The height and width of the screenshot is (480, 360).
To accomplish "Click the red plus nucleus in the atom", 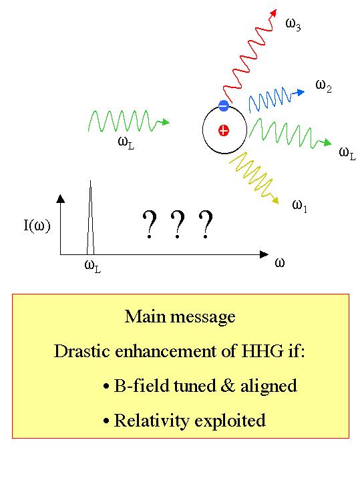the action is click(224, 131).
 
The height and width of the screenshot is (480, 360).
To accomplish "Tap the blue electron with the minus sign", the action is click(224, 105).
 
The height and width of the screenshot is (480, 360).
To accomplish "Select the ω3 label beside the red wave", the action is click(293, 25).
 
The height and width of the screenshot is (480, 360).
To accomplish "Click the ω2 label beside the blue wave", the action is click(323, 86).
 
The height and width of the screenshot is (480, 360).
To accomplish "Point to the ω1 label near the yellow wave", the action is click(300, 206).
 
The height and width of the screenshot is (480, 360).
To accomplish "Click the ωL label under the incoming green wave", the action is click(126, 143).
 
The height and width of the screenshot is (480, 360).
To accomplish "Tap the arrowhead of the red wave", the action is click(274, 13).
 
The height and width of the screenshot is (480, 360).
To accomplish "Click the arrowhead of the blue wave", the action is click(301, 92).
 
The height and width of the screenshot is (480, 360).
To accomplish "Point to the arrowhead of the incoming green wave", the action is click(166, 122).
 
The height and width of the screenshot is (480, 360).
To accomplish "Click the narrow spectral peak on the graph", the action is click(90, 218).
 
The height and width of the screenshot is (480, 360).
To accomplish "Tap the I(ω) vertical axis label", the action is click(37, 226).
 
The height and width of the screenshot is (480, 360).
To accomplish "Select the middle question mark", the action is click(178, 224).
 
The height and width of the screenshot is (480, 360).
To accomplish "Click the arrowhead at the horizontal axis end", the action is click(264, 254).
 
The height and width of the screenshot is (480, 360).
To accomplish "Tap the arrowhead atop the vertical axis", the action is click(61, 199).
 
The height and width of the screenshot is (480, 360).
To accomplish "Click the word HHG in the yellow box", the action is click(262, 350).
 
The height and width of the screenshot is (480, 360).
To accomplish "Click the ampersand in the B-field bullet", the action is click(228, 385).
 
